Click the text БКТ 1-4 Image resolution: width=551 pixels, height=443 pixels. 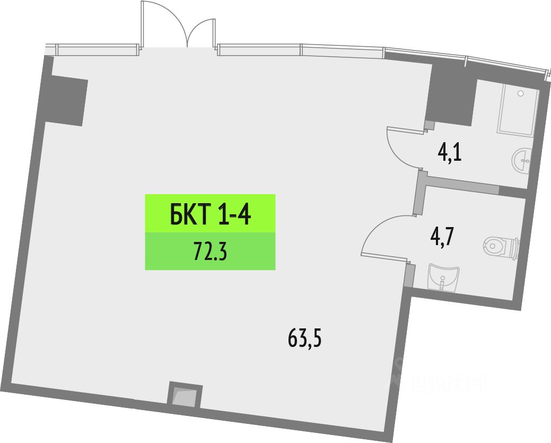(x=210, y=214)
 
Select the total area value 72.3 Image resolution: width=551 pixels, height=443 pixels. (x=210, y=251)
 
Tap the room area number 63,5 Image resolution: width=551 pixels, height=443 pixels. (x=305, y=337)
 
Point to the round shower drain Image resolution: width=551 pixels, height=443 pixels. (x=520, y=93)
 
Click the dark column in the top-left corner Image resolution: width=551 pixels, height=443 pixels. (x=66, y=100)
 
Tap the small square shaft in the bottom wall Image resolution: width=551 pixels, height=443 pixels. (x=185, y=396)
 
